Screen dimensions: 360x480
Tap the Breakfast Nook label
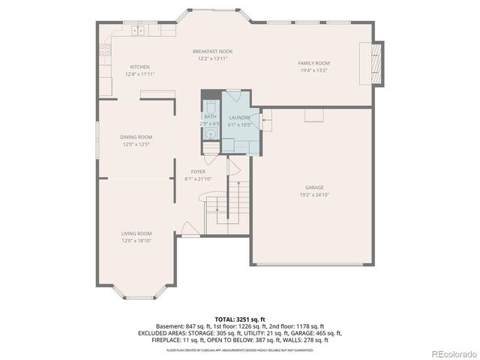click(x=212, y=51)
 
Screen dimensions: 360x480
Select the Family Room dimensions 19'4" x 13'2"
click(x=314, y=70)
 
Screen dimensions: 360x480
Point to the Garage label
click(x=313, y=187)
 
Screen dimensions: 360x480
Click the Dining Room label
click(x=136, y=136)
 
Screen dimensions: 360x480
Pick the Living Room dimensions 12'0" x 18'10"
click(x=136, y=241)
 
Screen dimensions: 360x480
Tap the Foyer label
click(x=198, y=172)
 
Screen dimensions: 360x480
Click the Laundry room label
click(x=239, y=118)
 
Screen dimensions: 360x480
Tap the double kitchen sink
click(x=139, y=31)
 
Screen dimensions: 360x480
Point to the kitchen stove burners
click(x=106, y=50)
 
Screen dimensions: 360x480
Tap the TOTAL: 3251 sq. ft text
click(x=239, y=319)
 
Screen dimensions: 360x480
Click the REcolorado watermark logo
click(x=452, y=354)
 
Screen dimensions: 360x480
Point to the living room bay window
click(x=139, y=293)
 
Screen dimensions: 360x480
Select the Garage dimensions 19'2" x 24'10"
click(x=313, y=194)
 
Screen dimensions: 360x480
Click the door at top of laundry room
click(x=232, y=96)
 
